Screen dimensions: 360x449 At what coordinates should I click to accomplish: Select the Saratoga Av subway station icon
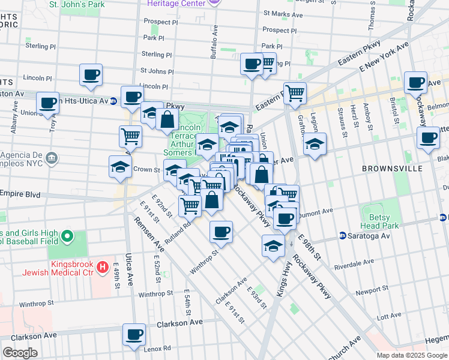coord(342,236)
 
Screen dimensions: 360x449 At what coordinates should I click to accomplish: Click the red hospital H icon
coord(103,266)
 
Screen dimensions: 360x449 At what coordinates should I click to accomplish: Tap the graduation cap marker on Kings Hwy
coord(273,245)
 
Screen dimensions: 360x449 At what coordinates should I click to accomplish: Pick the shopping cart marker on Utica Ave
coord(130,136)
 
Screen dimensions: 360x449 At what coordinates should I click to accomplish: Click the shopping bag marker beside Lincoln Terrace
coord(167,119)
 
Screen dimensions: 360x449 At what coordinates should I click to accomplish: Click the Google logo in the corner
coord(20,353)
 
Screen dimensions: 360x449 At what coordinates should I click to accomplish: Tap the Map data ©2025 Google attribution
coord(411,355)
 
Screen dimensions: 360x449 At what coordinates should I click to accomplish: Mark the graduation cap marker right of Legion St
coord(315,144)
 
